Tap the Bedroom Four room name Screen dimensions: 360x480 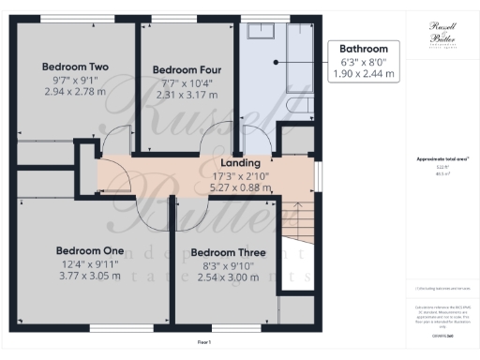coord(187,69)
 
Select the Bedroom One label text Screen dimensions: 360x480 coord(90,250)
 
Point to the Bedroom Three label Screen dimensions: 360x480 coord(228,253)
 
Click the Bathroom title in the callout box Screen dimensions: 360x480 coord(363,49)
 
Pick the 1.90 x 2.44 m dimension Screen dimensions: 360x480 coord(363,73)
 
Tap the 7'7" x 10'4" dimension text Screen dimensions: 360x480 coord(187,82)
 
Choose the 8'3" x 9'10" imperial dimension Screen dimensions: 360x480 coord(228,265)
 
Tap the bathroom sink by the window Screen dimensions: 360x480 coord(260,32)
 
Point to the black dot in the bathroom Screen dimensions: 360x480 coord(276,62)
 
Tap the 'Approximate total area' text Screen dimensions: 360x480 coord(437,158)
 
